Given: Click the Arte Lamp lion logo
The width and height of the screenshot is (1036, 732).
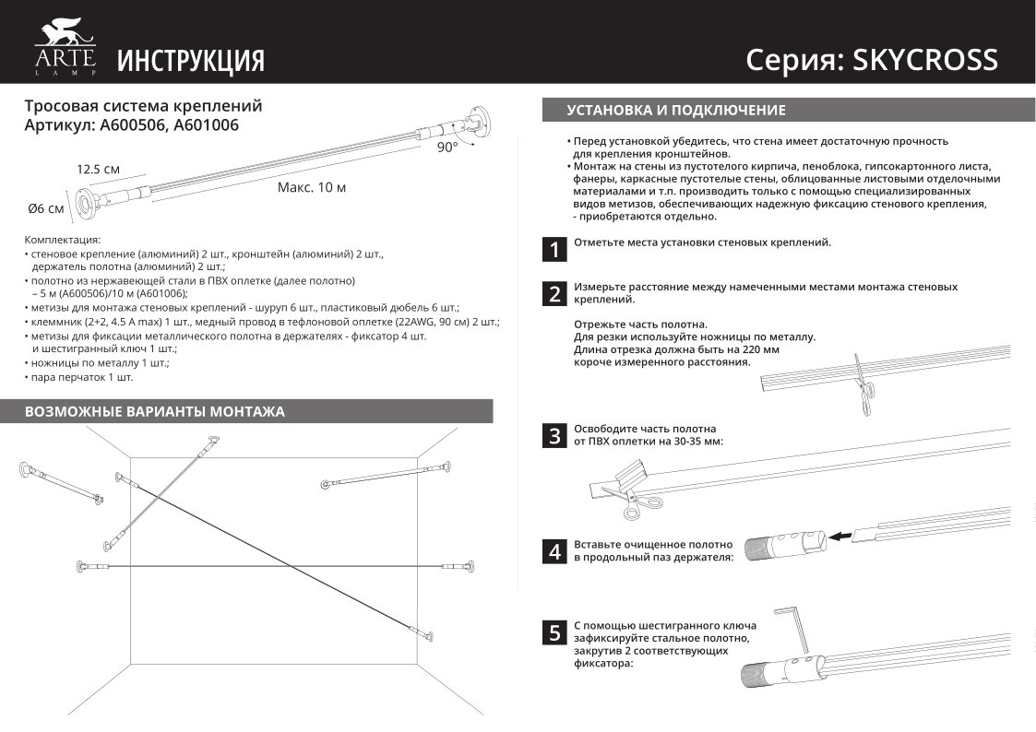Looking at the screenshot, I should [x=65, y=41].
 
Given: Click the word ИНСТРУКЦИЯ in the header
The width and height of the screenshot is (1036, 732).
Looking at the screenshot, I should [x=191, y=61].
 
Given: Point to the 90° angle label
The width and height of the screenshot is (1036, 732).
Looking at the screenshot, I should [x=447, y=148].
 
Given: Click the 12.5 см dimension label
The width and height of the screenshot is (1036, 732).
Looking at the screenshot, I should [x=98, y=170].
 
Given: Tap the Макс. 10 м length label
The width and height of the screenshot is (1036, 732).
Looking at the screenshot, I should [x=312, y=187].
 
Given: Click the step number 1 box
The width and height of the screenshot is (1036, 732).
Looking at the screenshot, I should [x=554, y=249].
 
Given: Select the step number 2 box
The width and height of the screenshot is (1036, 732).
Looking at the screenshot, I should [x=554, y=295].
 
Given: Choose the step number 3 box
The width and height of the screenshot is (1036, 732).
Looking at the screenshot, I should [x=554, y=436].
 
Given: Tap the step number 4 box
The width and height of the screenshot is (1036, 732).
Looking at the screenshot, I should [x=554, y=552].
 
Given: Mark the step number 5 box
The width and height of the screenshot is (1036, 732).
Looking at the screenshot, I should [x=554, y=632].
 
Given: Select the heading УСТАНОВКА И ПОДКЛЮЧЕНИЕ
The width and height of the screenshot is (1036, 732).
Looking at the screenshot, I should [x=675, y=111].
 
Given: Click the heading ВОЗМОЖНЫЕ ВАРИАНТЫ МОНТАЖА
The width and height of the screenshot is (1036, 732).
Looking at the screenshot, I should [x=155, y=411].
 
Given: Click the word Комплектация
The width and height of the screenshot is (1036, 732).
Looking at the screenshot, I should [x=62, y=239].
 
